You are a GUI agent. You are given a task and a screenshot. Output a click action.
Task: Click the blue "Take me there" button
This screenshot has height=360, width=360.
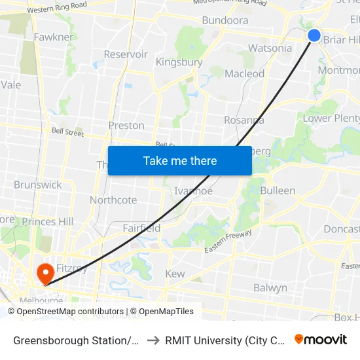click(180, 160)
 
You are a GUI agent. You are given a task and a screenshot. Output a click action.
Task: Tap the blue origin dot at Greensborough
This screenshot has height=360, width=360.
click(314, 35)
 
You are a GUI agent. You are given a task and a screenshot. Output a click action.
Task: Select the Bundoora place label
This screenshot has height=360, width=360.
click(225, 20)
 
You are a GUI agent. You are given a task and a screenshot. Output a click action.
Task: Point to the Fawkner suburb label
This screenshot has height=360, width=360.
click(54, 37)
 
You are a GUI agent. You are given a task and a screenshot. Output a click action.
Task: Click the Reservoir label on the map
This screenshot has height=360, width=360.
click(126, 54)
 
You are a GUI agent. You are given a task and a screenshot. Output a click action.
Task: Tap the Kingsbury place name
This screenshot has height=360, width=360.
click(179, 62)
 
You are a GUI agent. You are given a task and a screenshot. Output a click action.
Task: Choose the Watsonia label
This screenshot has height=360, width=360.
click(270, 48)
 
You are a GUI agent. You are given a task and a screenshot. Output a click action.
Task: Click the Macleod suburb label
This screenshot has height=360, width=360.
click(244, 74)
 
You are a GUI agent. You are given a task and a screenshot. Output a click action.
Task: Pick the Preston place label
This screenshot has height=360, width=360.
click(126, 125)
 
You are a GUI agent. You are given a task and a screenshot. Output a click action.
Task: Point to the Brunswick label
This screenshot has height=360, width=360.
click(38, 185)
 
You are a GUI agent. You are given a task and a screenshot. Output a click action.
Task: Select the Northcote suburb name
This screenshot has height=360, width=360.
click(113, 200)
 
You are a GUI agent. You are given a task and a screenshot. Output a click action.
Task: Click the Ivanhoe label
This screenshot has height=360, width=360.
click(194, 190)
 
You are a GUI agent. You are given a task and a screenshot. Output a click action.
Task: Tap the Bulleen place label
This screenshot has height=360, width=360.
click(278, 190)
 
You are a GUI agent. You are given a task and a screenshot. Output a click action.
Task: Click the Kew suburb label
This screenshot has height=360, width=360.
click(175, 274)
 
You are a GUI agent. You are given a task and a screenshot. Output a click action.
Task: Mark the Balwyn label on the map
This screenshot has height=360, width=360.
click(270, 287)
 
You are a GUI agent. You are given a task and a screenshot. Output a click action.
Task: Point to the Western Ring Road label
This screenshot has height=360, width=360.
click(57, 9)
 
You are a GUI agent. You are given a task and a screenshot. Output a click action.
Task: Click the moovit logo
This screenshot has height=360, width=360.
click(321, 339)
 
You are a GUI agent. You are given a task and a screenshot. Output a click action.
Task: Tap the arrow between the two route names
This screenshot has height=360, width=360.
click(152, 340)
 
